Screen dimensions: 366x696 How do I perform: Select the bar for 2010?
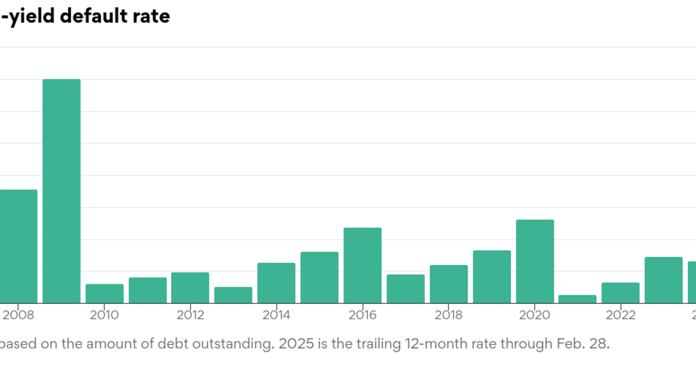point(104,293)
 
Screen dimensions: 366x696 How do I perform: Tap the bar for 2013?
point(233,295)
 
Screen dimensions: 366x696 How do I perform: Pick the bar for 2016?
point(362,265)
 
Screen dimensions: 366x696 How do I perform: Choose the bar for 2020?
point(535,261)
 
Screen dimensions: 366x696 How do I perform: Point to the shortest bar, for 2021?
point(578,299)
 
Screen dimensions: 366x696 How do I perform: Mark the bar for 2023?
point(664,279)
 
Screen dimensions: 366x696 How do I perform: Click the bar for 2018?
point(449,284)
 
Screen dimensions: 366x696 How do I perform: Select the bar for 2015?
point(320,277)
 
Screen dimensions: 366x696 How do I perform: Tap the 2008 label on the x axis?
point(19,315)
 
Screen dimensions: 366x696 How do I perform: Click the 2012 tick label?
point(190,315)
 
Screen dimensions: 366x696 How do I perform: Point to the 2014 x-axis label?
point(277,315)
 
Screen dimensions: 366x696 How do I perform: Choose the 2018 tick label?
point(448,315)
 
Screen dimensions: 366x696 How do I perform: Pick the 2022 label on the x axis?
point(621,315)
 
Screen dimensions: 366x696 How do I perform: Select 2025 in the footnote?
point(295,344)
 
